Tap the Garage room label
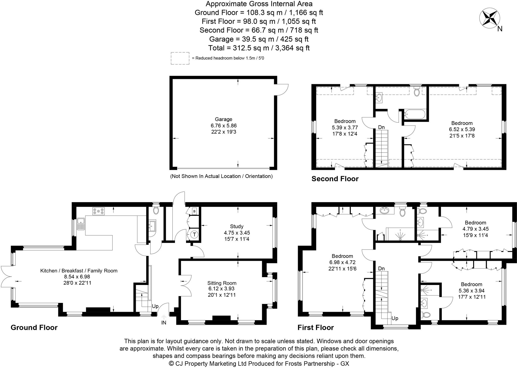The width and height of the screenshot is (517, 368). pyautogui.click(x=223, y=119)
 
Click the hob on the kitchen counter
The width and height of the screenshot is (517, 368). pyautogui.click(x=98, y=211)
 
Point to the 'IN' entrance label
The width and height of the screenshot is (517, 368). pyautogui.click(x=164, y=323)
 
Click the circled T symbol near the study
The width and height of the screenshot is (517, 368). pyautogui.click(x=194, y=234)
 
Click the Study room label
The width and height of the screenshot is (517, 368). pyautogui.click(x=237, y=226)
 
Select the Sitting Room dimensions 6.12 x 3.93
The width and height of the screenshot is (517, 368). pyautogui.click(x=222, y=288)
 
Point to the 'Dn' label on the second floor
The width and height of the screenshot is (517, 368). pyautogui.click(x=381, y=127)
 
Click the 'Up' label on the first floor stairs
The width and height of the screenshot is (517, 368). pyautogui.click(x=395, y=318)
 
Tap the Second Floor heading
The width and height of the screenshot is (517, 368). pyautogui.click(x=335, y=179)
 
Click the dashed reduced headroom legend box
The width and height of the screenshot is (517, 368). pyautogui.click(x=180, y=58)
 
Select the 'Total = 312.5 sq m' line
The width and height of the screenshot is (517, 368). pyautogui.click(x=259, y=48)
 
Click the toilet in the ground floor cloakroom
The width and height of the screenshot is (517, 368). pyautogui.click(x=156, y=210)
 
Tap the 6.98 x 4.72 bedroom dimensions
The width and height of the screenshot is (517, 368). pyautogui.click(x=342, y=262)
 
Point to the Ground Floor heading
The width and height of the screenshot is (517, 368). pyautogui.click(x=34, y=327)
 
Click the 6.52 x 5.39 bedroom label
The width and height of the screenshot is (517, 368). pyautogui.click(x=462, y=129)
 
